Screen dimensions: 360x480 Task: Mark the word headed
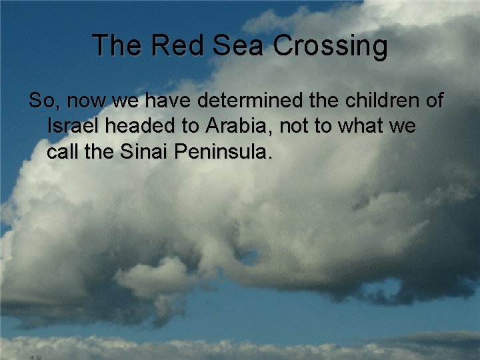(137, 126)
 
